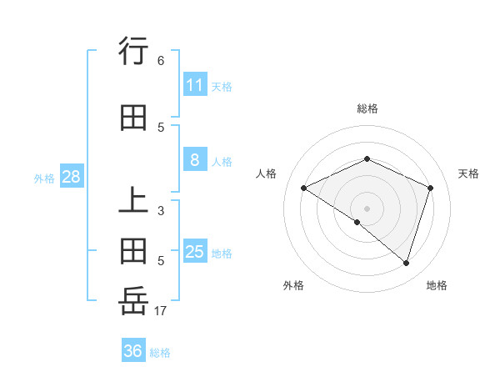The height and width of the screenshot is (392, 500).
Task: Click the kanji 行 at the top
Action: (x=133, y=52)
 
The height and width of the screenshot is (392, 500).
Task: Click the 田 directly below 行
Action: (x=133, y=118)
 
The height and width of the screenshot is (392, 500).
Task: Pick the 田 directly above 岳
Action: (x=133, y=251)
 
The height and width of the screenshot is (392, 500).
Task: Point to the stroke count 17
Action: (x=160, y=311)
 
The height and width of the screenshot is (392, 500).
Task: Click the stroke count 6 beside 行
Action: (x=160, y=61)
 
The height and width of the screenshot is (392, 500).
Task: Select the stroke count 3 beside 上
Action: (x=160, y=211)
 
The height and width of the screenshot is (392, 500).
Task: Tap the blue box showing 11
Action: (x=194, y=85)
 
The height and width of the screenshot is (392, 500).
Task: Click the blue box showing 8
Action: (x=194, y=160)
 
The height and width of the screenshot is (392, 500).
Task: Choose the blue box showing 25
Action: (x=194, y=251)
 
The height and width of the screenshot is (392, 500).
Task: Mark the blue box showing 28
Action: (x=71, y=177)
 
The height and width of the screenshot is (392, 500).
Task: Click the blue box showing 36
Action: (x=132, y=351)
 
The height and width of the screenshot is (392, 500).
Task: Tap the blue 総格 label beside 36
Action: (x=160, y=353)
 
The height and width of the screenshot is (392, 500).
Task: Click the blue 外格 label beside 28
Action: (x=44, y=178)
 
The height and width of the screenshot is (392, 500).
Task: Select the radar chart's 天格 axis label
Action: (x=469, y=173)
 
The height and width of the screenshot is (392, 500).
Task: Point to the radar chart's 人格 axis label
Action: (x=266, y=173)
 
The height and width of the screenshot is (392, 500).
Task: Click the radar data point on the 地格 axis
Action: (x=406, y=263)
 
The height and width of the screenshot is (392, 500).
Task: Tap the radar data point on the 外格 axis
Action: (x=357, y=222)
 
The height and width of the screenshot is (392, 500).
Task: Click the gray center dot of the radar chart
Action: (x=367, y=208)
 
